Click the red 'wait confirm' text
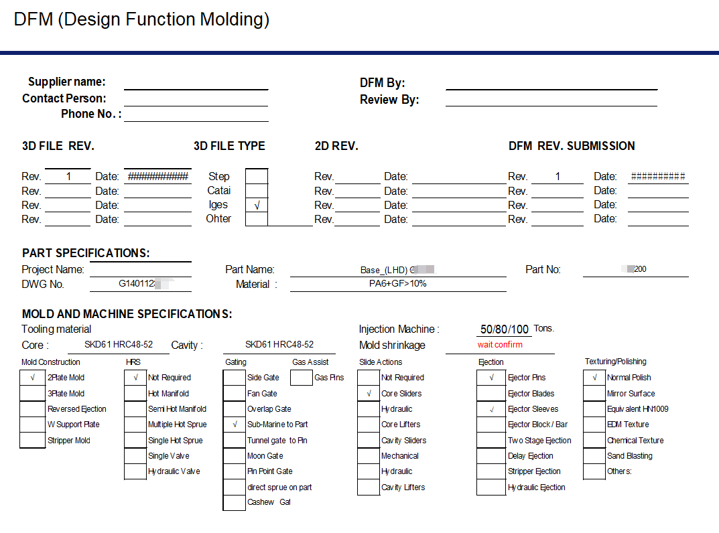[500, 345]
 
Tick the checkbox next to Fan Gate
[235, 394]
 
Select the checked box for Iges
[257, 206]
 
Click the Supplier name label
[66, 82]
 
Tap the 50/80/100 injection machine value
[505, 329]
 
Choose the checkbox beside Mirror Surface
[594, 394]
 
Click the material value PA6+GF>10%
[397, 283]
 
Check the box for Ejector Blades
[491, 394]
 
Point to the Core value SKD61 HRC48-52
[119, 344]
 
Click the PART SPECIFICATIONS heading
[86, 253]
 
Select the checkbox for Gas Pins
[302, 378]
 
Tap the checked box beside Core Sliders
[369, 394]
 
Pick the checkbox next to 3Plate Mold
[32, 394]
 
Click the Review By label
[389, 100]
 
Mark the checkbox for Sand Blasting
[594, 456]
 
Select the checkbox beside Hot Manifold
[135, 394]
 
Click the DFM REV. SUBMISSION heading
[572, 146]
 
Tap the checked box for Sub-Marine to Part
[235, 425]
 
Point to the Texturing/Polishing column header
[615, 362]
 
